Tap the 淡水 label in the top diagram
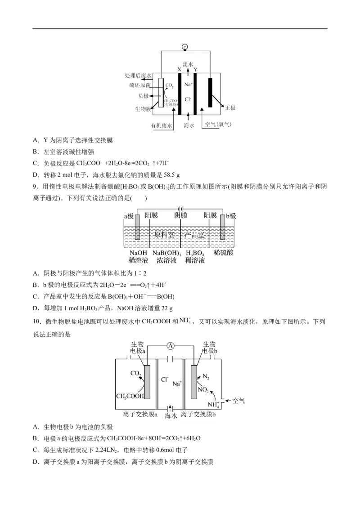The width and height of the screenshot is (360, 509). pyautogui.click(x=188, y=64)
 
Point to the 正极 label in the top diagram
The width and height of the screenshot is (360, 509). pyautogui.click(x=230, y=108)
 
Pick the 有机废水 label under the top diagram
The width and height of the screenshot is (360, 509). pyautogui.click(x=162, y=126)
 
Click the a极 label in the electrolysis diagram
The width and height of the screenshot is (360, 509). pyautogui.click(x=129, y=216)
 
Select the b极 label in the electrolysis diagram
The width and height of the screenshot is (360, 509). pyautogui.click(x=230, y=216)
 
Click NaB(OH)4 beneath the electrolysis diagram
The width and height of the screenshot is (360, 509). pyautogui.click(x=166, y=253)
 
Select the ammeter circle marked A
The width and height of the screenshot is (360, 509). pyautogui.click(x=170, y=345)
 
